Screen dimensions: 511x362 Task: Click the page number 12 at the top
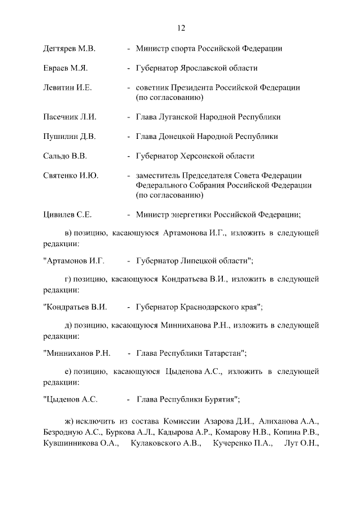point(181,28)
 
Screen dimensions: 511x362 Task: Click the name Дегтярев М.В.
point(69,49)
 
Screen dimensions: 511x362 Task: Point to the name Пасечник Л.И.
point(70,117)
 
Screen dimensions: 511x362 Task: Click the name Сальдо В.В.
point(64,156)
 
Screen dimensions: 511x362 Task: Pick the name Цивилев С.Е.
point(67,215)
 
